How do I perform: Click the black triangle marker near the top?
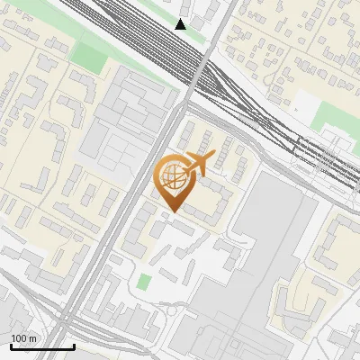[181, 24]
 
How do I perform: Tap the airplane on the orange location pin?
[197, 165]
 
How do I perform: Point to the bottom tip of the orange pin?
[172, 212]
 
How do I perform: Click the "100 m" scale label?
[24, 338]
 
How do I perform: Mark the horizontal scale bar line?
[42, 346]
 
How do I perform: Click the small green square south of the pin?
[144, 283]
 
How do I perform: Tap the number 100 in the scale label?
[20, 338]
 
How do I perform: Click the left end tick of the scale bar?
[11, 345]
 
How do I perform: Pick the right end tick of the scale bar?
[74, 345]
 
